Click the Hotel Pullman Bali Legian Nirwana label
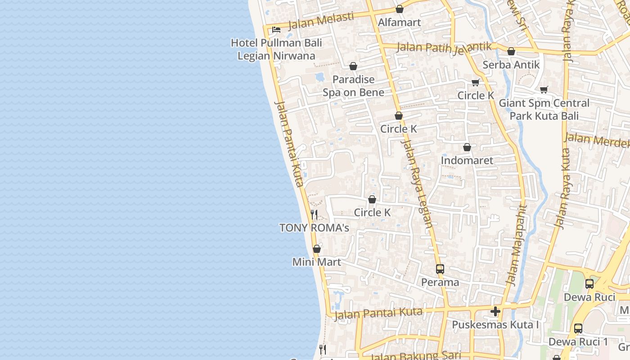pos(276,49)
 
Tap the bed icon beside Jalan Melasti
pos(276,30)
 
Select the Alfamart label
pos(399,22)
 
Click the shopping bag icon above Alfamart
pos(399,9)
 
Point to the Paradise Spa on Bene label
pos(353,86)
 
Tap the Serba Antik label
pos(511,65)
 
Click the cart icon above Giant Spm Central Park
pos(544,90)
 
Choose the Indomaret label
pos(467,161)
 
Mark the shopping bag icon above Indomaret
pos(467,147)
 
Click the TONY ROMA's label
pos(314,228)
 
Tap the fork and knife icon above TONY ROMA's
pos(314,214)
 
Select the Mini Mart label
pos(316,262)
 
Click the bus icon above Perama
pos(440,269)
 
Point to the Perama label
pos(440,283)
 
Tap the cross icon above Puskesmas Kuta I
pos(495,311)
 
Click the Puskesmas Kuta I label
pos(495,325)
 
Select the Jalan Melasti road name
pos(320,21)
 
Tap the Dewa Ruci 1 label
pos(578,342)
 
